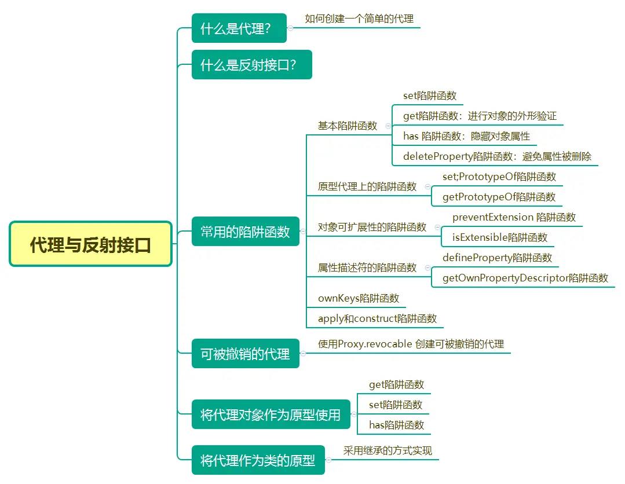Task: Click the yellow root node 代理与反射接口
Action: click(90, 244)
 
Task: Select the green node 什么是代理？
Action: click(239, 28)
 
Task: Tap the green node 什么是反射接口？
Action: click(251, 65)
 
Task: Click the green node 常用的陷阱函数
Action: click(245, 232)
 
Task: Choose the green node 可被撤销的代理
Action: click(245, 354)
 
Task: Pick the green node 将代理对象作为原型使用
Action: click(271, 415)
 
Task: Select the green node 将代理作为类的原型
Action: click(258, 460)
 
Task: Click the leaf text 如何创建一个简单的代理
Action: click(359, 19)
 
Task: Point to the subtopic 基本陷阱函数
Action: click(348, 126)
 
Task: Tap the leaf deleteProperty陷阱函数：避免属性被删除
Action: click(497, 156)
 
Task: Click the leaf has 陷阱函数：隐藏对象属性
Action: click(466, 136)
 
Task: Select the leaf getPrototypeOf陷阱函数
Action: click(499, 197)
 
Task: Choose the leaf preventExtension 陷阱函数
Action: click(514, 217)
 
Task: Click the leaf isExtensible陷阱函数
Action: click(499, 237)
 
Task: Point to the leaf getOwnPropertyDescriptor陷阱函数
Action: click(525, 278)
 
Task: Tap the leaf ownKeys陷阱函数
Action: click(359, 298)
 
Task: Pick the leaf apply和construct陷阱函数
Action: click(377, 318)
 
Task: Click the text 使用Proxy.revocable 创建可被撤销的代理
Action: click(411, 344)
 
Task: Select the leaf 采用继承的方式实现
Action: click(388, 450)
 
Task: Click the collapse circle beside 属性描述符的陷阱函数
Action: click(428, 268)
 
